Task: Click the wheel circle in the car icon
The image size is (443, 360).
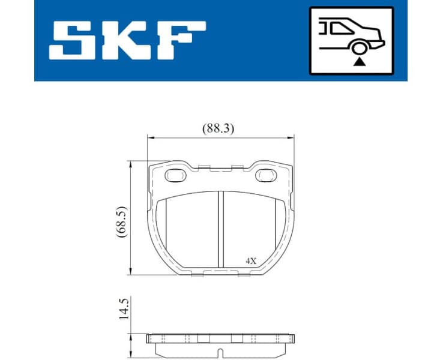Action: click(x=359, y=49)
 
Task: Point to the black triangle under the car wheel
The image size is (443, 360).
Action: click(x=359, y=61)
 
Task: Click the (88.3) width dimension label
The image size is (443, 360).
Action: click(x=217, y=128)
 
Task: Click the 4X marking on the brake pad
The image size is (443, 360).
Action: click(x=250, y=261)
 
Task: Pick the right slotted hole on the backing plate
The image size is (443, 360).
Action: click(x=265, y=175)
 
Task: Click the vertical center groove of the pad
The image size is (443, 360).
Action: click(x=220, y=231)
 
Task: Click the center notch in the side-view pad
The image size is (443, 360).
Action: click(x=220, y=352)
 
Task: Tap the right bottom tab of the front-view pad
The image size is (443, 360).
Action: click(x=244, y=275)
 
